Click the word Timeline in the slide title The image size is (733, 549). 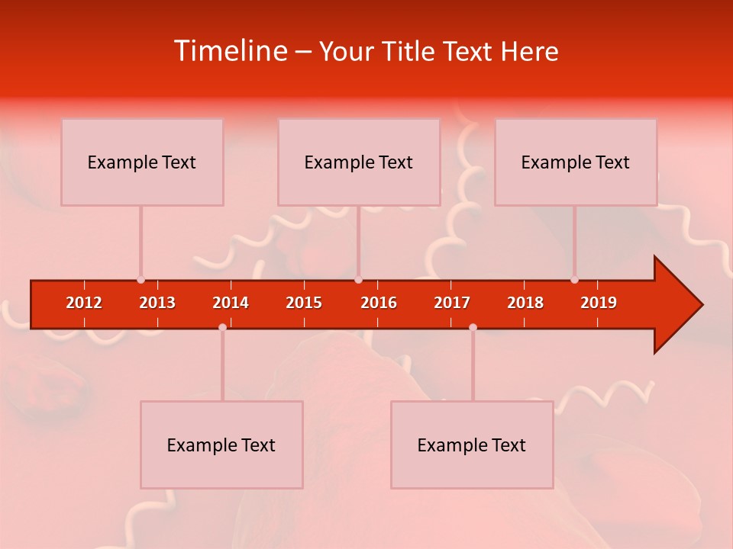pyautogui.click(x=231, y=51)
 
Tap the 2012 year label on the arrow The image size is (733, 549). pyautogui.click(x=84, y=303)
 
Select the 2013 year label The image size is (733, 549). pyautogui.click(x=157, y=303)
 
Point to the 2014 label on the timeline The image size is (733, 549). pyautogui.click(x=231, y=303)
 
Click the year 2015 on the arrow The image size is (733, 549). pyautogui.click(x=304, y=303)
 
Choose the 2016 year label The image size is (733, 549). pyautogui.click(x=379, y=303)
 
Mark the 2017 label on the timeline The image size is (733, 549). pyautogui.click(x=452, y=303)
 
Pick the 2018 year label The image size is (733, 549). pyautogui.click(x=525, y=303)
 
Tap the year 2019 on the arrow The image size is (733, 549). pyautogui.click(x=599, y=303)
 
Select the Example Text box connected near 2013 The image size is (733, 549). pyautogui.click(x=142, y=162)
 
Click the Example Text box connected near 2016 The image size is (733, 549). pyautogui.click(x=359, y=162)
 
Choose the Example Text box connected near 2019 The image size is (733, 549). pyautogui.click(x=576, y=162)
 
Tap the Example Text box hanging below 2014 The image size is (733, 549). pyautogui.click(x=221, y=445)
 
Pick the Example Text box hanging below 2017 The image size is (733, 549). pyautogui.click(x=472, y=445)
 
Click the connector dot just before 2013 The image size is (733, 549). pyautogui.click(x=140, y=280)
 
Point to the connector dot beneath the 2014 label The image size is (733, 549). pyautogui.click(x=222, y=327)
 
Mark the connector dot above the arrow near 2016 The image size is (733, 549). pyautogui.click(x=358, y=280)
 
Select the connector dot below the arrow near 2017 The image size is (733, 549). pyautogui.click(x=473, y=327)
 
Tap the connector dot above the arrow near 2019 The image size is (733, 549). pyautogui.click(x=574, y=280)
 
